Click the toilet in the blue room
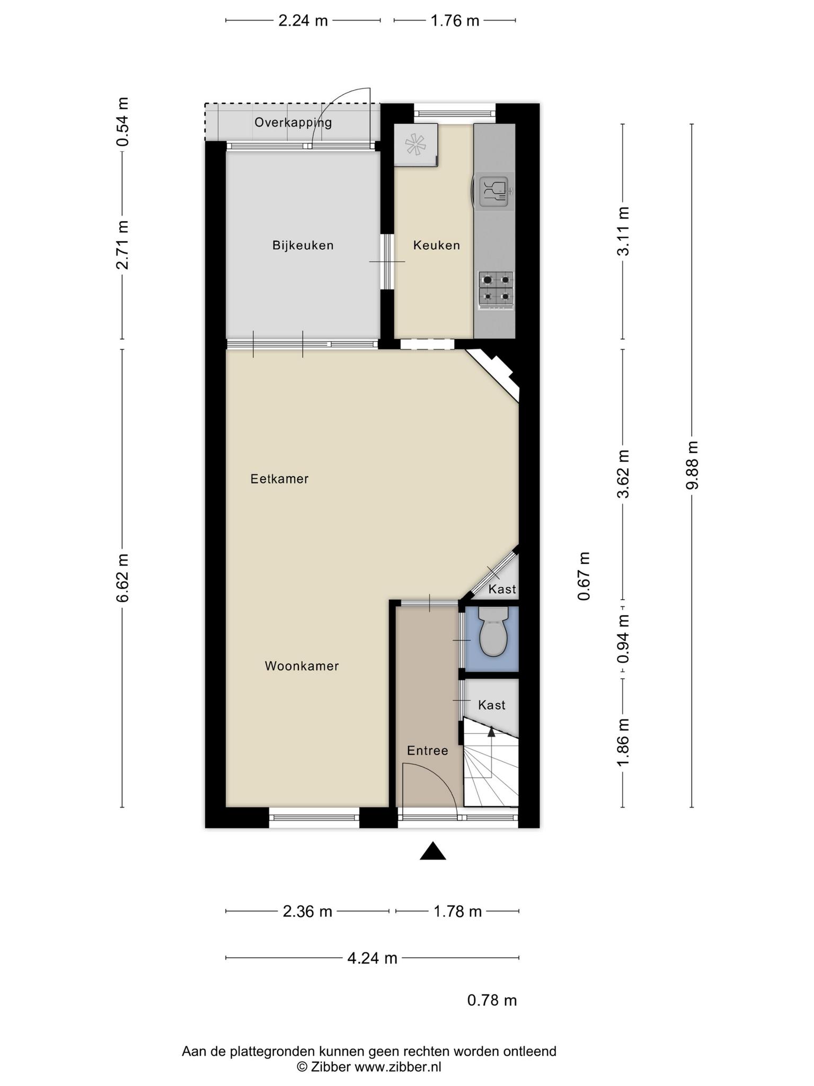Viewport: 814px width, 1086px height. pos(493,631)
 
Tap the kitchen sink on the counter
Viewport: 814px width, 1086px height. pos(494,191)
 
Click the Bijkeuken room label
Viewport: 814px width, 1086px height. pos(303,246)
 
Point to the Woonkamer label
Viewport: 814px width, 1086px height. pos(302,666)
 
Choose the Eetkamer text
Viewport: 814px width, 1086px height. pos(279,479)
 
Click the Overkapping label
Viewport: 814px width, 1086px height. pos(293,122)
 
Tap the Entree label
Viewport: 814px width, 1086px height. pos(428,751)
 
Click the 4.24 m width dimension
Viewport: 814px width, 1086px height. pos(372,958)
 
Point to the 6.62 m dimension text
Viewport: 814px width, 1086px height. pos(122,578)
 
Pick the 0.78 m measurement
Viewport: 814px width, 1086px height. pos(492,1001)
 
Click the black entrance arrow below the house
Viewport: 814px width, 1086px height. pos(433,851)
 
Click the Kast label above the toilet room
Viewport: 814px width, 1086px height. pos(502,589)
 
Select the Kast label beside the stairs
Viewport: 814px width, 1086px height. pos(492,705)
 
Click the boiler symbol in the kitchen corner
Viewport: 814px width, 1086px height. pos(415,145)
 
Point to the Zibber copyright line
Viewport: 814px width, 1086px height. pos(369,1067)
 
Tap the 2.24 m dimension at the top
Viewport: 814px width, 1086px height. pos(303,21)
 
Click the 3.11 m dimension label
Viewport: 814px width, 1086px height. pos(623,231)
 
